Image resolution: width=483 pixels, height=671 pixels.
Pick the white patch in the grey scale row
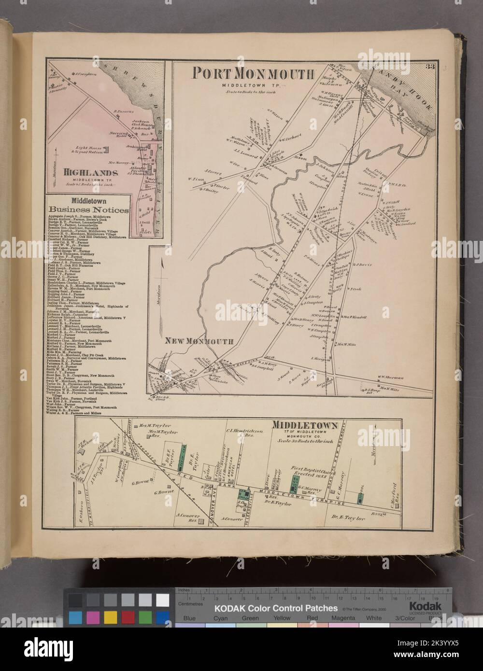coord(163,600)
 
